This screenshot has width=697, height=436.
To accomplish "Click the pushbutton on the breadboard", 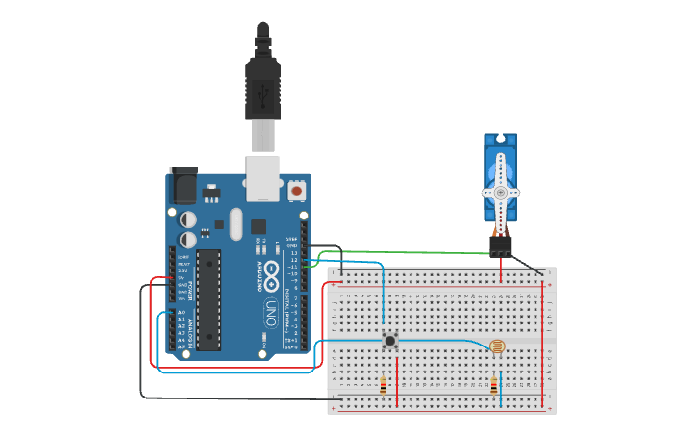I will pyautogui.click(x=390, y=341).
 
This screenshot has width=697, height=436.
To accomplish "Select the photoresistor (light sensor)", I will pyautogui.click(x=496, y=347).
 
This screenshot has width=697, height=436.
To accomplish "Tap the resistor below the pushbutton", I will pyautogui.click(x=385, y=386).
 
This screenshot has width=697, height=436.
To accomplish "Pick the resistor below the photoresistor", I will pyautogui.click(x=494, y=386).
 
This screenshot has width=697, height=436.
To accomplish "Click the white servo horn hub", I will pyautogui.click(x=501, y=192).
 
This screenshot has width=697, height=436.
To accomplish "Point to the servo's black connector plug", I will pyautogui.click(x=501, y=246).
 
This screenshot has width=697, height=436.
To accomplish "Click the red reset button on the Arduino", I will pyautogui.click(x=297, y=192).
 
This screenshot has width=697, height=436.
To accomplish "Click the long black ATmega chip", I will pyautogui.click(x=210, y=298).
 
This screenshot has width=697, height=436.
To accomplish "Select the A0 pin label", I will pyautogui.click(x=180, y=313).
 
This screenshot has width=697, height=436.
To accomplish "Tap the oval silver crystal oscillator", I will pyautogui.click(x=236, y=226).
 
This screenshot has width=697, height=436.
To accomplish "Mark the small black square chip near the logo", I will pyautogui.click(x=259, y=227).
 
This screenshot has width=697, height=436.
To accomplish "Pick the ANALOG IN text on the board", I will pyautogui.click(x=189, y=331).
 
